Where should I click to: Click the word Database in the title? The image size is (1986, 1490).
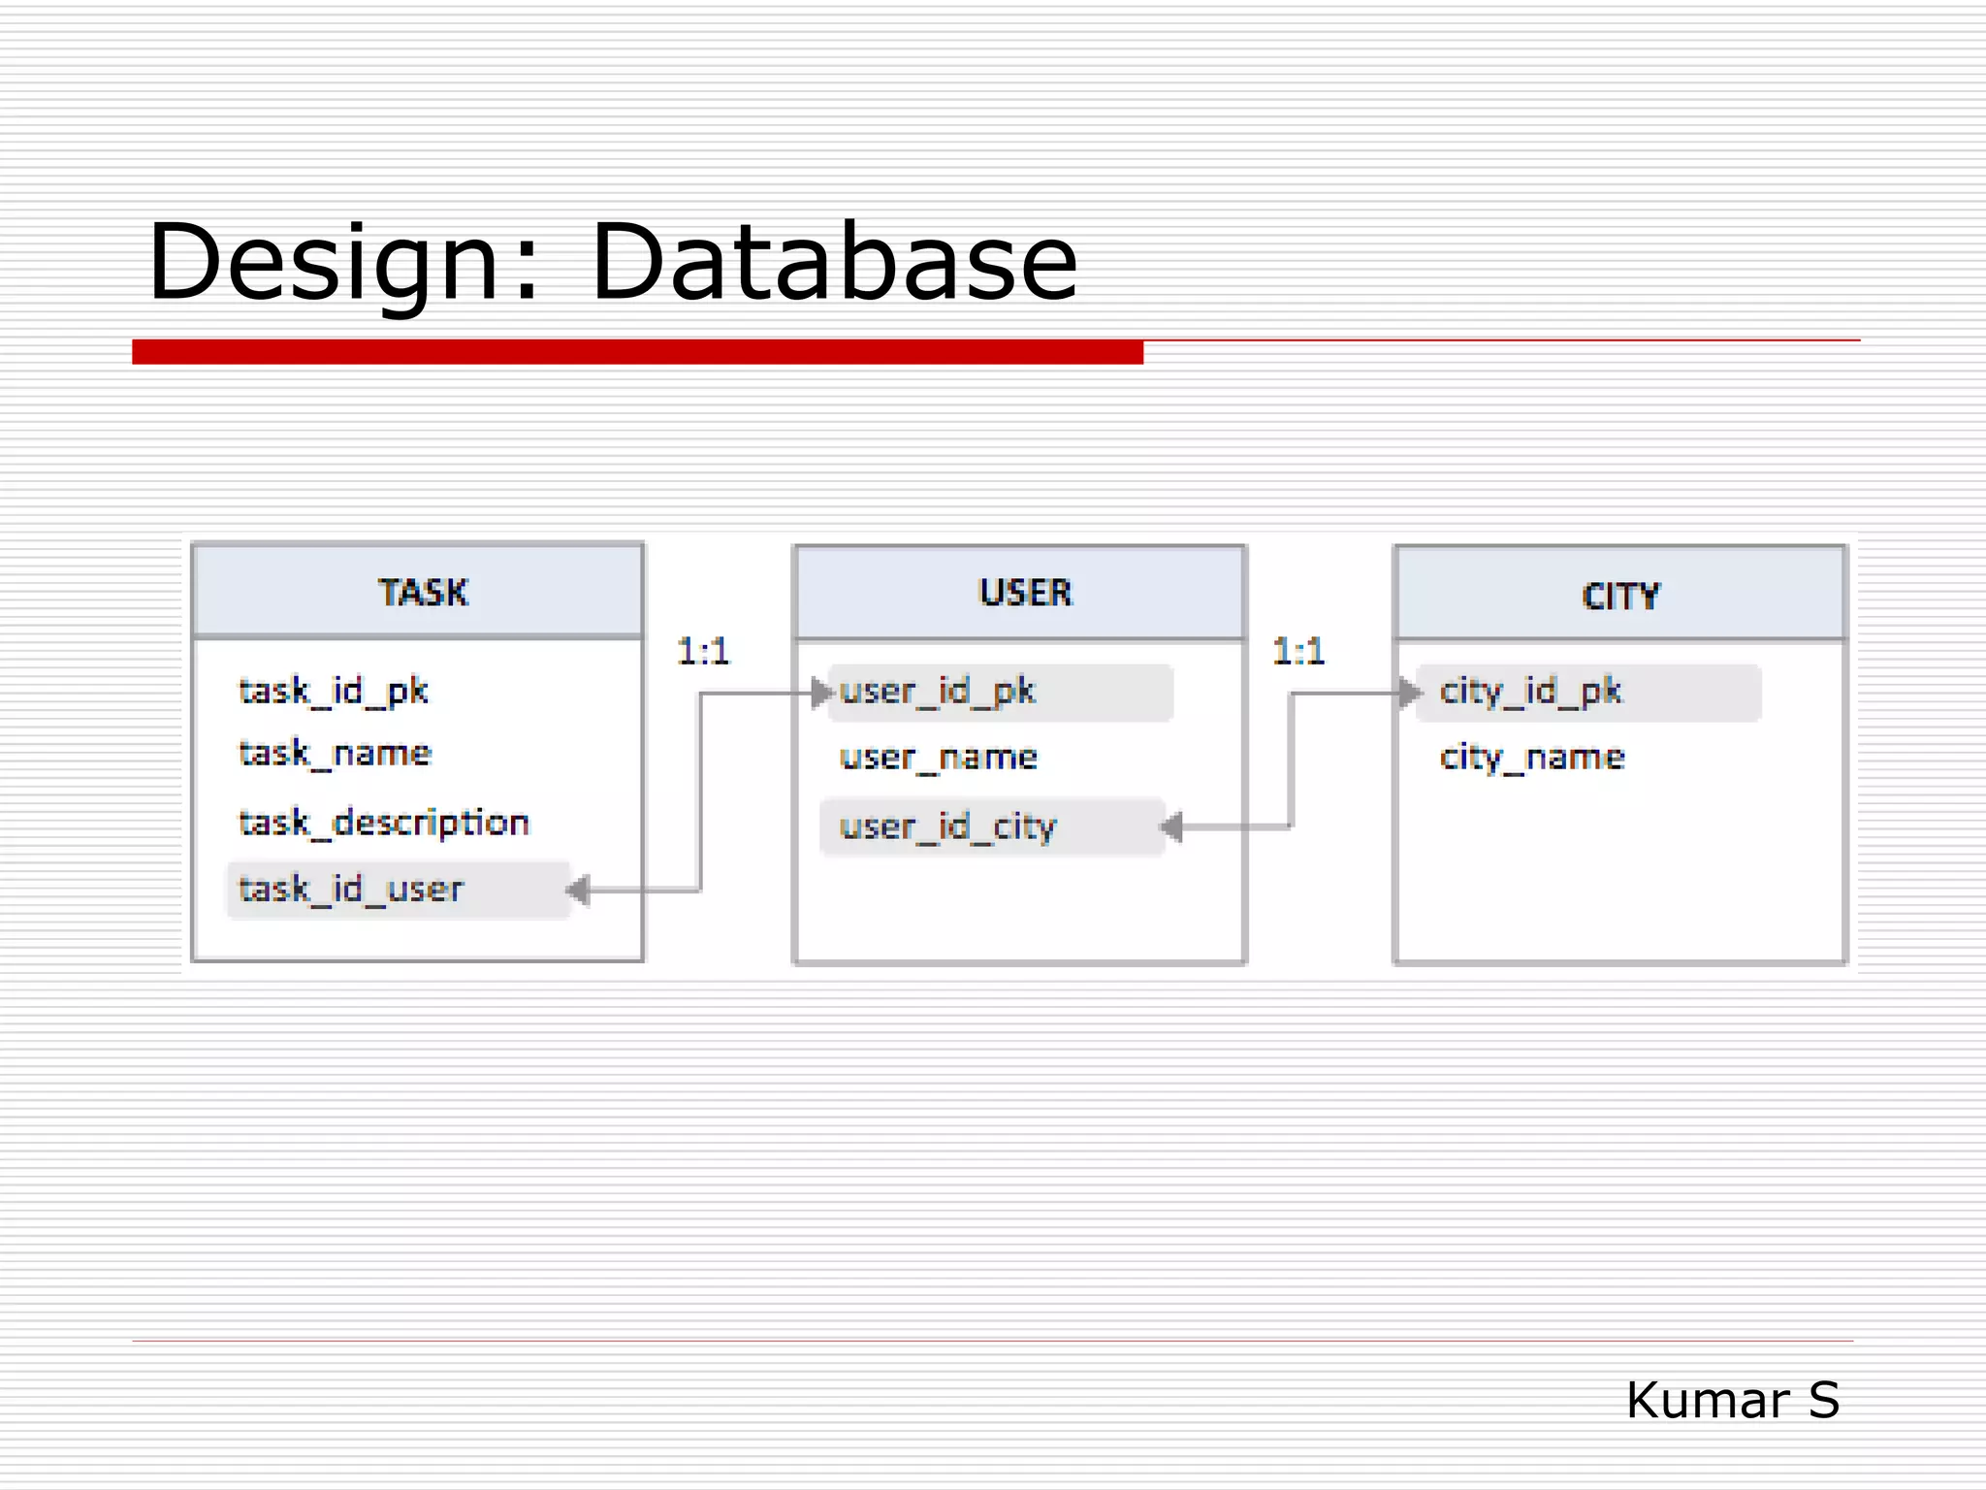834,262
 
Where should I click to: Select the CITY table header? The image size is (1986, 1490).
1620,596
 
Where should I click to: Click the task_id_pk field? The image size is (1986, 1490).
334,691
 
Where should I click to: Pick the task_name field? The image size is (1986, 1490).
335,753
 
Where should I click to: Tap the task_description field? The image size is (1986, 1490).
384,823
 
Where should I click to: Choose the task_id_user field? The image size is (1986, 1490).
351,889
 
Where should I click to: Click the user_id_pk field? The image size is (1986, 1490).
938,692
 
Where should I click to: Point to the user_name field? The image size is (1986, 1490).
938,757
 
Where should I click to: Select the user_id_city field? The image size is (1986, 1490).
947,826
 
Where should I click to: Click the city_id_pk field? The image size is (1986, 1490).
1530,692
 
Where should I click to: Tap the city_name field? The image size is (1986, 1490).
1531,757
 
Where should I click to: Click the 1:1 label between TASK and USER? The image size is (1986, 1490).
703,651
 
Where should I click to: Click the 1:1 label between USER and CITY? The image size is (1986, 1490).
1298,651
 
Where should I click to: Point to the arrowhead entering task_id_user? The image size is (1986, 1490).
579,889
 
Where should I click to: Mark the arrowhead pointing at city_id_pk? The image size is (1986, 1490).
1409,693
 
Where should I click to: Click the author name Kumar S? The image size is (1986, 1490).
1732,1400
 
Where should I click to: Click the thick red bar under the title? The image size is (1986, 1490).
637,352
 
